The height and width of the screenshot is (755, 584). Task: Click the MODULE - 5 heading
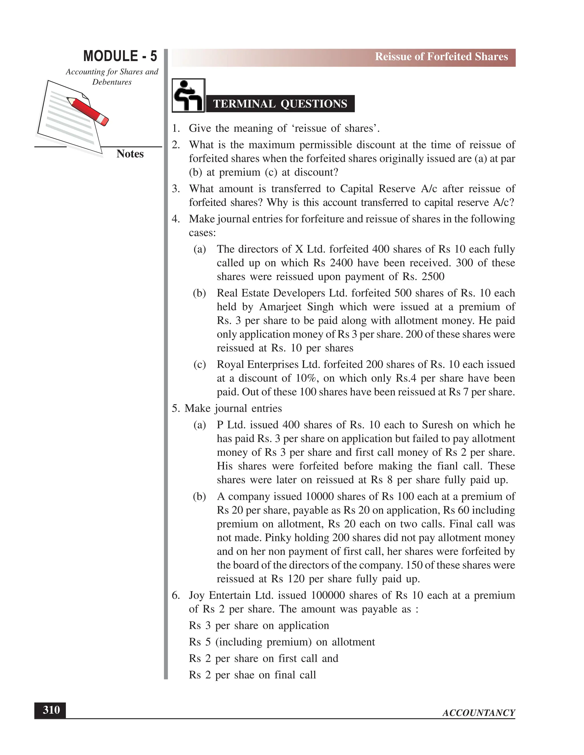120,56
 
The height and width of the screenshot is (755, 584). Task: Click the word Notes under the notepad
130,154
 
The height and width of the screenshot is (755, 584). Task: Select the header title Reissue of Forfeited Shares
441,57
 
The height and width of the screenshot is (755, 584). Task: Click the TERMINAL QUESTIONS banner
280,104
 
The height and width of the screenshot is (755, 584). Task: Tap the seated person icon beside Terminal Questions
188,95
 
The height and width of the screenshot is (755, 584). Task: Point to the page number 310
51,710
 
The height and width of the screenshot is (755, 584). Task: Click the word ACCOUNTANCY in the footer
478,713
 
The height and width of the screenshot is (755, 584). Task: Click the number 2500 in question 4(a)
433,277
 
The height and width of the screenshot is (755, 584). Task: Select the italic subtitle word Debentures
112,82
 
